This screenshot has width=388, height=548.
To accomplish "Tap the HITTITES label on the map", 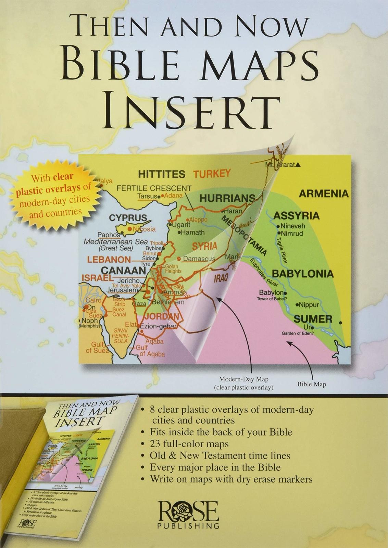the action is pos(162,174).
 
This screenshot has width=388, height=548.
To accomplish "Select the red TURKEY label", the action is pos(212,174).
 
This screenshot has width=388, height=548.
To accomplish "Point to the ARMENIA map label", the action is pos(324,194).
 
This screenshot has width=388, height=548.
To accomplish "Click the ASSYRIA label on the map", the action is pos(296,216).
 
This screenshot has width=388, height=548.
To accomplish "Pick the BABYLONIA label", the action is pos(302,274).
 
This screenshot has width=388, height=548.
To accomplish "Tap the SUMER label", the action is pos(313,319).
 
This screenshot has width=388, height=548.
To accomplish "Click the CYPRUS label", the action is pos(128,218).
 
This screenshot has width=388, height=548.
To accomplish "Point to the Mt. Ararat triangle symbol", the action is pos(298,165).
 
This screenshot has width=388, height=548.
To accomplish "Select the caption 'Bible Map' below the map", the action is pos(312,384).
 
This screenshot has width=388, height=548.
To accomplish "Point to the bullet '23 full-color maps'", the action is pos(189,444).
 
